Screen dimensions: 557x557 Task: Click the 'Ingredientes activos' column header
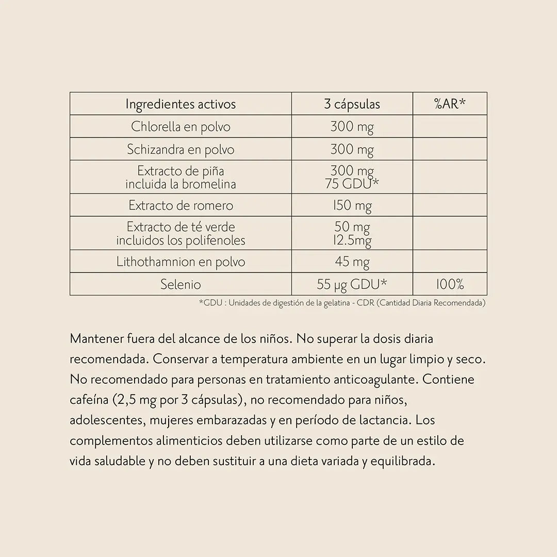[181, 104]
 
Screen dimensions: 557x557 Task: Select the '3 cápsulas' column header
[352, 104]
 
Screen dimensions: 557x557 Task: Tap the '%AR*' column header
[450, 104]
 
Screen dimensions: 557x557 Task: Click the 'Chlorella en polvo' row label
[181, 127]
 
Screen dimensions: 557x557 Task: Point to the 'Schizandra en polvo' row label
[181, 150]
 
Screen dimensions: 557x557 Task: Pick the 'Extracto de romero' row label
[181, 206]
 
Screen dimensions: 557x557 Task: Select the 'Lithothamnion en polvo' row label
[181, 262]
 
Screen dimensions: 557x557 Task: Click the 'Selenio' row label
[181, 284]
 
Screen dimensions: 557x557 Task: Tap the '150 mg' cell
[352, 206]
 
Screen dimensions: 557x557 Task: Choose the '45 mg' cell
[352, 262]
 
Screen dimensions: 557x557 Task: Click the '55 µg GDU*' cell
[352, 284]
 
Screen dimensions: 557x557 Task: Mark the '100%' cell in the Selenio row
[450, 284]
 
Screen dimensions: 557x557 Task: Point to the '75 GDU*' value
[352, 184]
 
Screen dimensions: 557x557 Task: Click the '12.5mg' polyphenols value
[352, 240]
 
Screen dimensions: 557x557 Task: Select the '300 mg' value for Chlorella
[352, 127]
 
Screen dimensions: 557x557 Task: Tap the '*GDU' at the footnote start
[211, 303]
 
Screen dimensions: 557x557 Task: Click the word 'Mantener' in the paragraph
[96, 339]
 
